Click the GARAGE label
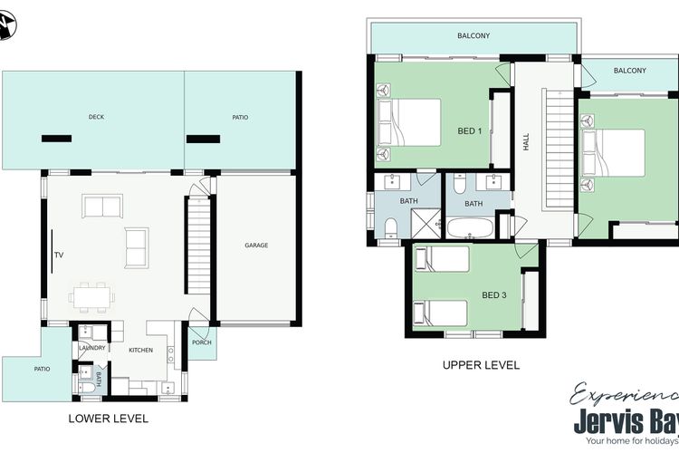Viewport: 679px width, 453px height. (x=256, y=246)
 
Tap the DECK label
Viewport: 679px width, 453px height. (x=96, y=117)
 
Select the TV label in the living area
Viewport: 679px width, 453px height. (x=59, y=255)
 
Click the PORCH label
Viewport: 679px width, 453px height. (x=202, y=342)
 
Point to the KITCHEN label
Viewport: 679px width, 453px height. (x=140, y=351)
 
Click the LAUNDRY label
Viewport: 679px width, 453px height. (x=92, y=348)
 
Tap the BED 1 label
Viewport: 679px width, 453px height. (x=470, y=130)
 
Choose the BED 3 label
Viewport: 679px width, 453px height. (x=494, y=295)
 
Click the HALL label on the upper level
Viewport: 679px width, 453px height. (x=526, y=141)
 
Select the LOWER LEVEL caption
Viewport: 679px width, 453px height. (x=109, y=419)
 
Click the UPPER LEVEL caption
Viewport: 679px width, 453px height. (x=481, y=365)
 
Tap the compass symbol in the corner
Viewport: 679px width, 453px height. (x=6, y=25)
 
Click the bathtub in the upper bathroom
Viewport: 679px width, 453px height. (x=470, y=227)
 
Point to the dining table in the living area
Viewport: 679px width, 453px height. (x=91, y=297)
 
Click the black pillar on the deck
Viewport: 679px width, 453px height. (x=57, y=139)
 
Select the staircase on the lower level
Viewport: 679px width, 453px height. (x=199, y=245)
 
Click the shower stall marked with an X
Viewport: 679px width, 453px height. (x=426, y=224)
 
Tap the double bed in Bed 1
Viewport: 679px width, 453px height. (x=409, y=122)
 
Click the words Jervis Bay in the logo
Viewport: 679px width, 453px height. (x=626, y=421)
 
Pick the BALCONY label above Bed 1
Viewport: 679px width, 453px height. (x=473, y=36)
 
